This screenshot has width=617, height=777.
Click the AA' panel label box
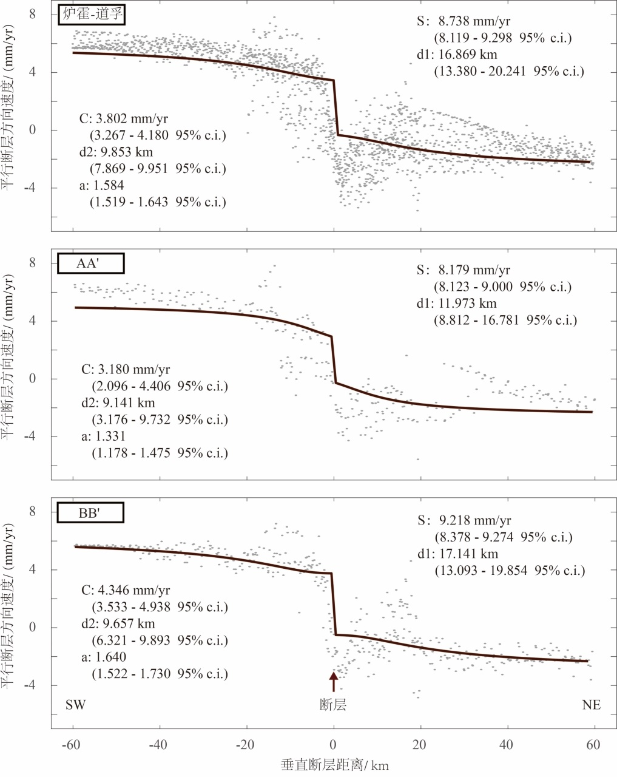[91, 263]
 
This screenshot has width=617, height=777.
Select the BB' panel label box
[90, 513]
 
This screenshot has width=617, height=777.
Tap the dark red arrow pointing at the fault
[333, 681]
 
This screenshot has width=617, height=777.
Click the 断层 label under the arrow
[333, 705]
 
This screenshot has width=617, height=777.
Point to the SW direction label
[76, 705]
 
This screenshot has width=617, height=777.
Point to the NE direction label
[591, 705]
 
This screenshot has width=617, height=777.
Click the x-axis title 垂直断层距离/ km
[335, 764]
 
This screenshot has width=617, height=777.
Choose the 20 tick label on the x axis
[420, 745]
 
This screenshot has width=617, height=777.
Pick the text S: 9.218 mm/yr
[464, 520]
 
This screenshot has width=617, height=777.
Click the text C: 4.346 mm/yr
[126, 590]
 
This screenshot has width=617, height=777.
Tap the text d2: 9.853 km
[116, 152]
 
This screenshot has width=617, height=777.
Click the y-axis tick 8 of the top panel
[33, 14]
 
